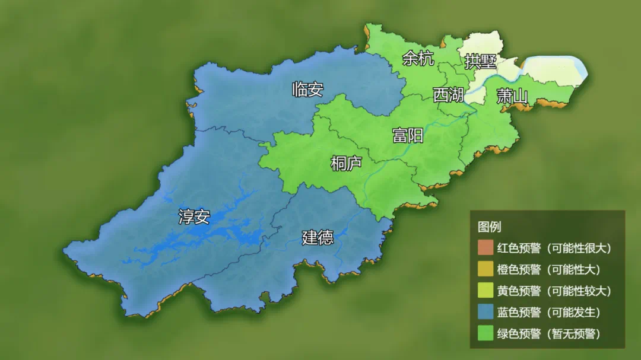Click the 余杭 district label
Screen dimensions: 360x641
coord(418,58)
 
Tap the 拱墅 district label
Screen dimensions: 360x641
coord(480,62)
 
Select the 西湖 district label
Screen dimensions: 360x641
coord(448,94)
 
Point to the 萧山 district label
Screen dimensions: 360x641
coord(512,95)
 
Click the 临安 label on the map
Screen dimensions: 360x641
coord(307,90)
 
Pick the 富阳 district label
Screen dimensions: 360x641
coord(408,135)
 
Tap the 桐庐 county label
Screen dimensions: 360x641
coord(346,163)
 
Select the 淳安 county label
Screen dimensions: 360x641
coord(194,216)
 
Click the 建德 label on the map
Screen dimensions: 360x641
coord(318,237)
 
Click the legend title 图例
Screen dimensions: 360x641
coord(490,227)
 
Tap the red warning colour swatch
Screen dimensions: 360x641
coord(485,248)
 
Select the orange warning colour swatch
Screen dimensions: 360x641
coord(485,269)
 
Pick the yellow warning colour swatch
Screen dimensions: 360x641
coord(485,291)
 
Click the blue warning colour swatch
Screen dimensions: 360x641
coord(485,312)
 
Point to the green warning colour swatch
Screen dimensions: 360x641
coord(485,333)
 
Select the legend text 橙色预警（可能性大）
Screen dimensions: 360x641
coord(549,269)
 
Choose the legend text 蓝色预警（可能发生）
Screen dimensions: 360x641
coord(549,312)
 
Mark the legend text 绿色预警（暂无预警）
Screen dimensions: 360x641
coord(549,333)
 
